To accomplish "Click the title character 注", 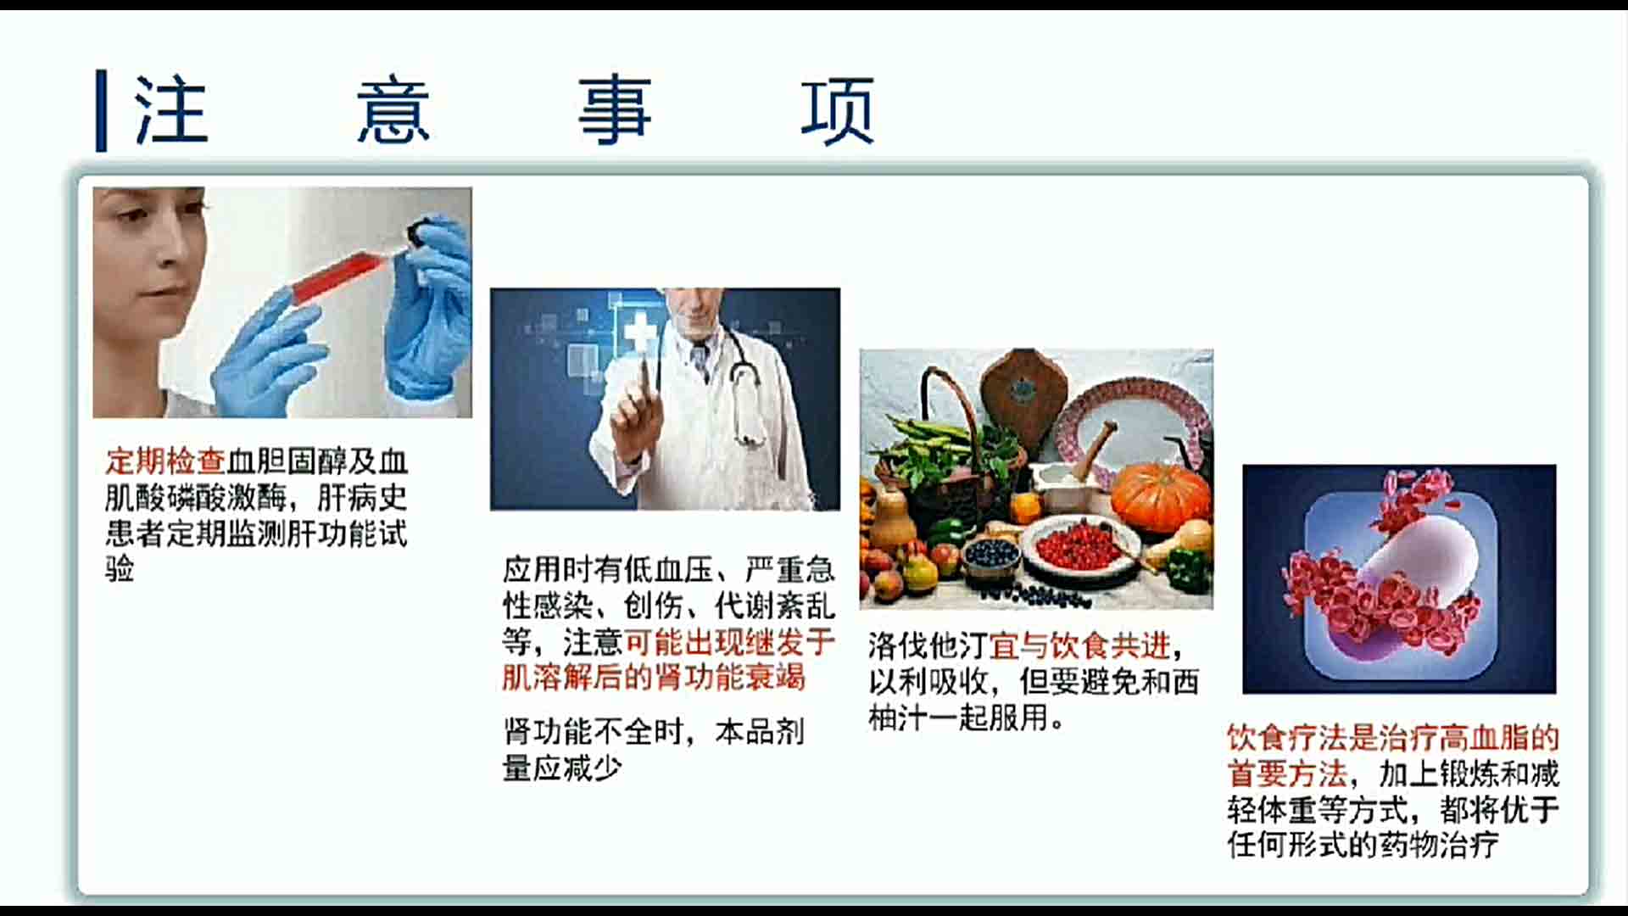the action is click(x=171, y=110).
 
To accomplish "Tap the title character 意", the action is click(x=393, y=110).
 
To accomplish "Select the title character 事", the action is click(x=615, y=110).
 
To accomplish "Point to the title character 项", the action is click(x=838, y=110).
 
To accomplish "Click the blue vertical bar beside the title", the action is click(x=102, y=111).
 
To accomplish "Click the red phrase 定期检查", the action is click(x=166, y=461).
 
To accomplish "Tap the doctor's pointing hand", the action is click(x=638, y=416).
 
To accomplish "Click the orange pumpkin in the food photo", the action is click(x=1160, y=497).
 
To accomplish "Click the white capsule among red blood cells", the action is click(x=1424, y=556).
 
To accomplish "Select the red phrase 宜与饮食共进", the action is click(x=1080, y=646).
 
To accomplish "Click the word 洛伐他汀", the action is click(x=928, y=646).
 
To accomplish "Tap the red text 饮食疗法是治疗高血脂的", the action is click(x=1393, y=738).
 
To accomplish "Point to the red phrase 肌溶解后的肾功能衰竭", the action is click(x=654, y=678).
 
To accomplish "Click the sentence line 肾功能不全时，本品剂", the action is click(x=654, y=732).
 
